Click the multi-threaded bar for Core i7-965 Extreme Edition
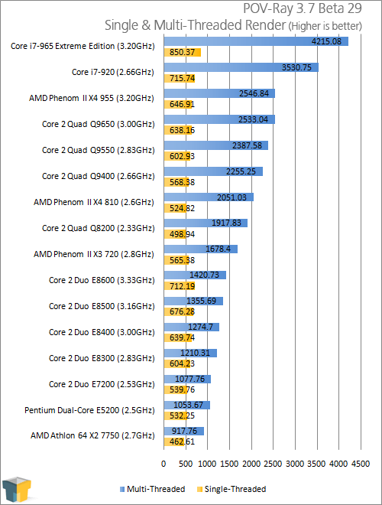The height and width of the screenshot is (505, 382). (x=256, y=41)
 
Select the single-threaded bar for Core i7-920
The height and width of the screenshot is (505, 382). (x=180, y=78)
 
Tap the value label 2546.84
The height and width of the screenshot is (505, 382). (x=254, y=93)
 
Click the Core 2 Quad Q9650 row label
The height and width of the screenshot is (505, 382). (x=98, y=124)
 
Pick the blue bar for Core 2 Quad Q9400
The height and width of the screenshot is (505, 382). (x=213, y=171)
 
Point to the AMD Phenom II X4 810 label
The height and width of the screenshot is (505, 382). (x=93, y=202)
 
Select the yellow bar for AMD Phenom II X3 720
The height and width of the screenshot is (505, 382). (x=176, y=260)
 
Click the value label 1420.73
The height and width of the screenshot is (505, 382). (x=204, y=275)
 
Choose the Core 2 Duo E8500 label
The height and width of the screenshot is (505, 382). (x=102, y=306)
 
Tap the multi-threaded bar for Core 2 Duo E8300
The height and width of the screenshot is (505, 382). (x=190, y=353)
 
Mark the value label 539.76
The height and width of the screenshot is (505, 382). (x=182, y=389)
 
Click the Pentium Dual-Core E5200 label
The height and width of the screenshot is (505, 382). (x=89, y=410)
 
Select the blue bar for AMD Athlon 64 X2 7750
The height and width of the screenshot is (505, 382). (x=184, y=431)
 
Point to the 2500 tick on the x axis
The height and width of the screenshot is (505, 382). (x=273, y=464)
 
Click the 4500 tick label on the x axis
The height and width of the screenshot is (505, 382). (x=361, y=464)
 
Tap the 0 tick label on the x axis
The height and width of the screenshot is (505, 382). (x=163, y=464)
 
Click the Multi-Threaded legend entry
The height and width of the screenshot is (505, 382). (x=152, y=489)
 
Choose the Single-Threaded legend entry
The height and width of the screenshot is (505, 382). (x=231, y=489)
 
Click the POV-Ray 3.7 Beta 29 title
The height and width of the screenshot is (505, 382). (x=303, y=8)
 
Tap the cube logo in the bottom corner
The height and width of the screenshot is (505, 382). (x=17, y=489)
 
